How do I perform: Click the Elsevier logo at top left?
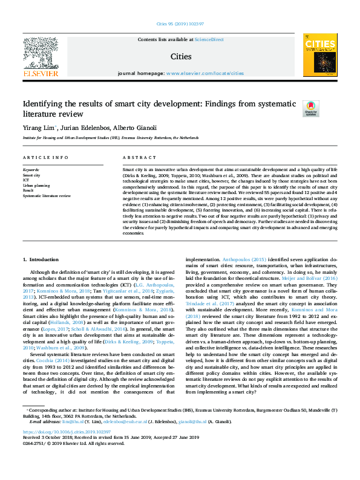(x=41, y=56)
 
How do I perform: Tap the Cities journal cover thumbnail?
(x=320, y=55)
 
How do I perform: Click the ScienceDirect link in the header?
(x=209, y=39)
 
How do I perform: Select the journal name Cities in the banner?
(x=181, y=57)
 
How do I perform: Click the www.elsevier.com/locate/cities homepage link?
(x=205, y=73)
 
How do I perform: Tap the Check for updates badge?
(x=311, y=107)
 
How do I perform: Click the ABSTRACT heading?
(x=135, y=157)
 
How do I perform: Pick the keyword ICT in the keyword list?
(x=26, y=180)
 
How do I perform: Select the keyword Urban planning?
(x=36, y=185)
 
